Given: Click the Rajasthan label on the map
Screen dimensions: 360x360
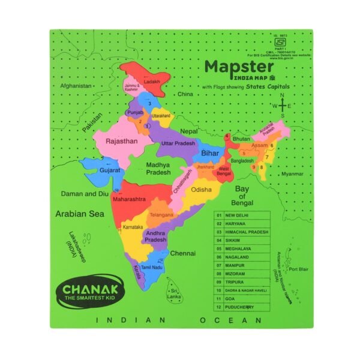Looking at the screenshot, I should pos(121,142).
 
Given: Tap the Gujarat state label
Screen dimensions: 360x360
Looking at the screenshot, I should pos(110,170).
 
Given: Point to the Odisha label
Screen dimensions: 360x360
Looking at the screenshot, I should pos(202,190).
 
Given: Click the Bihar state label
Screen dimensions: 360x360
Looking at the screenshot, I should pos(211,153).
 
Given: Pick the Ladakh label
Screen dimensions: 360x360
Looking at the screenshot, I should pos(152,82).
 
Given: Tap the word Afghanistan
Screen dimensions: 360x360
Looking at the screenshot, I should pos(72,86).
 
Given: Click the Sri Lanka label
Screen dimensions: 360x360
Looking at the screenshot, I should pos(175,293).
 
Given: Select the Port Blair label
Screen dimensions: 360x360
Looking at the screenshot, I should pos(298,269).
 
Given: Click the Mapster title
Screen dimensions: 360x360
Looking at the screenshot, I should pos(239,66).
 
